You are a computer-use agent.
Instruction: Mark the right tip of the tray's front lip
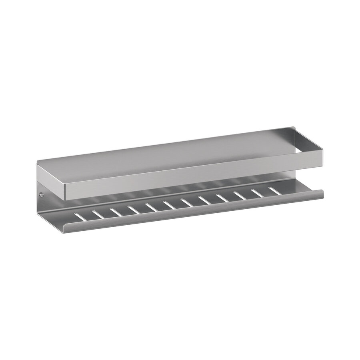coord(322,196)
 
